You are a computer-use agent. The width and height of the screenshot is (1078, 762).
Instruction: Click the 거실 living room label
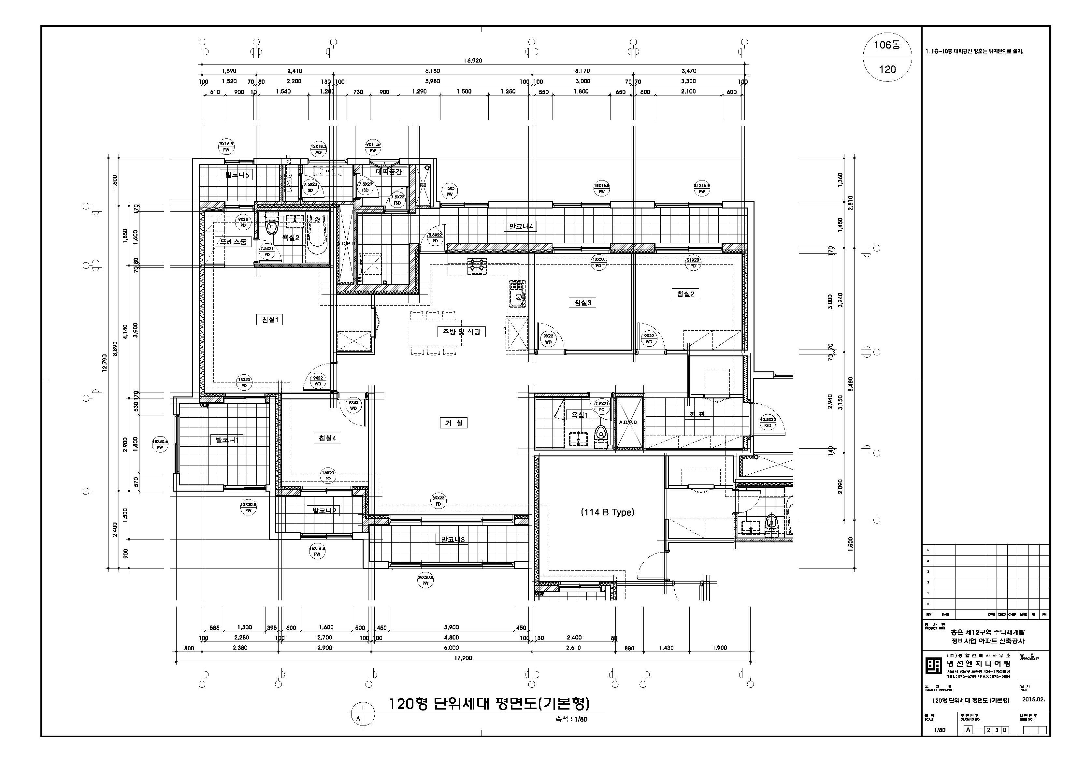pyautogui.click(x=453, y=423)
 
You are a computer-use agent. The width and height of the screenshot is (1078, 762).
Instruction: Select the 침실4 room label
pyautogui.click(x=327, y=438)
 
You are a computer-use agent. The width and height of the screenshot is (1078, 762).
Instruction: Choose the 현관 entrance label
pyautogui.click(x=697, y=414)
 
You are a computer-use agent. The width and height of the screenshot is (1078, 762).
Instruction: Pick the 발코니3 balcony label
pyautogui.click(x=452, y=539)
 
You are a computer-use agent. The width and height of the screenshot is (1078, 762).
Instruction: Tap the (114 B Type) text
pyautogui.click(x=608, y=512)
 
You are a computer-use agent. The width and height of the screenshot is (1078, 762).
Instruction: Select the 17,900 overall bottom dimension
pyautogui.click(x=463, y=658)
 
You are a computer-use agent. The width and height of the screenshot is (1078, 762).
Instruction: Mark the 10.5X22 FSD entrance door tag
pyautogui.click(x=768, y=423)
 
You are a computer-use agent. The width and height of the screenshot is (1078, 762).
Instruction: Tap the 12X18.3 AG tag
pyautogui.click(x=318, y=149)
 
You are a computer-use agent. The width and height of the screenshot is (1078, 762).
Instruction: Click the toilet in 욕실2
pyautogui.click(x=271, y=227)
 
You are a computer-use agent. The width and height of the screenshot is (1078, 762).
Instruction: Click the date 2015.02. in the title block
pyautogui.click(x=1033, y=699)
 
